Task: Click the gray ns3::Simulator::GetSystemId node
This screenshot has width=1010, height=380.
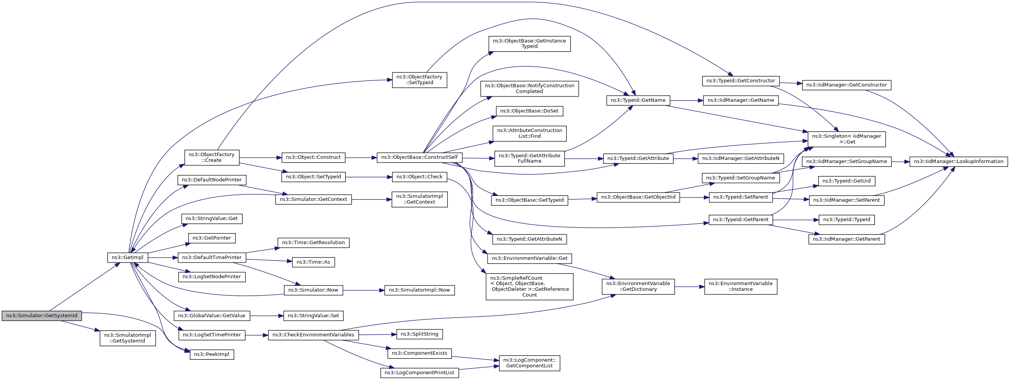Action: click(x=42, y=316)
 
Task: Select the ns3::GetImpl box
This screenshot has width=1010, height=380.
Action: click(x=128, y=258)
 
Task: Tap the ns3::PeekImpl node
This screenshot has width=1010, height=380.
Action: click(x=212, y=354)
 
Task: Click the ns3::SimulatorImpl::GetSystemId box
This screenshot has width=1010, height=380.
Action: click(x=128, y=338)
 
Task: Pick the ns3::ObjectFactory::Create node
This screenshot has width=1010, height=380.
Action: click(x=212, y=157)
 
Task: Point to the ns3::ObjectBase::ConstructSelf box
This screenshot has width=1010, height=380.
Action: click(x=419, y=158)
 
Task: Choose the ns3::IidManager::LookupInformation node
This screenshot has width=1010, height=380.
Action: click(x=959, y=161)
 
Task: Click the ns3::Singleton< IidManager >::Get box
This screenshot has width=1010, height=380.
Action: click(x=847, y=139)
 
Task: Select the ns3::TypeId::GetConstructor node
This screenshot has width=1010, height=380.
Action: click(x=741, y=81)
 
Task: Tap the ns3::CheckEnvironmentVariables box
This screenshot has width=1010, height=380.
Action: click(x=313, y=335)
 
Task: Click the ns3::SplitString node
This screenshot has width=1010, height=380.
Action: click(x=419, y=334)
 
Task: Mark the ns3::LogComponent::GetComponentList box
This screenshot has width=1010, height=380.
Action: click(x=530, y=363)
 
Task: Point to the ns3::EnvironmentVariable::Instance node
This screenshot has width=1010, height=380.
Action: click(x=741, y=287)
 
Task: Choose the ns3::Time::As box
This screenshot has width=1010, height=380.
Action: click(x=313, y=263)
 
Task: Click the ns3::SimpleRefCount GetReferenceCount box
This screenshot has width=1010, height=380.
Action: click(x=530, y=287)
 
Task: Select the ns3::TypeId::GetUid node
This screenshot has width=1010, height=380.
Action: click(x=847, y=181)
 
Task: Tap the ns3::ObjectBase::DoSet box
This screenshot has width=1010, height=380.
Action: click(x=529, y=111)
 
